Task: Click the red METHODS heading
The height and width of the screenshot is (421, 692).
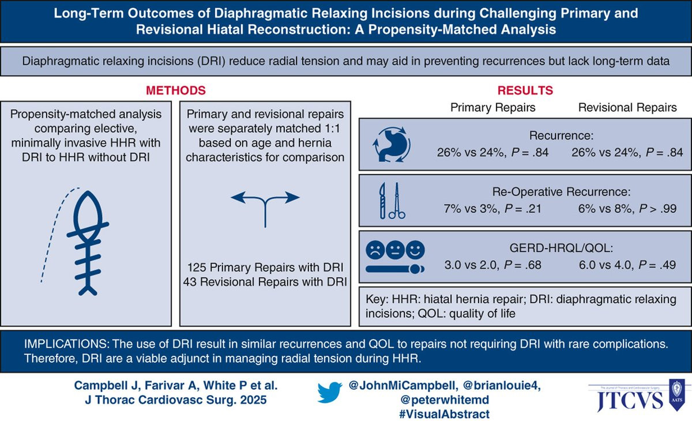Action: click(176, 91)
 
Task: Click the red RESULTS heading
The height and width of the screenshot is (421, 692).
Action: click(525, 91)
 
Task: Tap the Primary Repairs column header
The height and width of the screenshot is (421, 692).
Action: click(492, 107)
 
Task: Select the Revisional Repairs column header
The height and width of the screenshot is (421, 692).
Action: click(627, 107)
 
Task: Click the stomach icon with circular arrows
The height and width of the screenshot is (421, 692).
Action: click(392, 144)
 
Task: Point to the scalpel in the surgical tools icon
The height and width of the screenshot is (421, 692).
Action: click(382, 201)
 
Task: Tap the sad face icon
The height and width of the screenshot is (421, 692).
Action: click(375, 250)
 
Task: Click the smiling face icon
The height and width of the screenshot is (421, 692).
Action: click(415, 250)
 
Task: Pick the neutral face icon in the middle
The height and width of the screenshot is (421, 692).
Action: click(395, 250)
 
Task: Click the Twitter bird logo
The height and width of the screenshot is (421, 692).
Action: click(329, 392)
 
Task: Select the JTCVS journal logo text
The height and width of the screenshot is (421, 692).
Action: click(630, 400)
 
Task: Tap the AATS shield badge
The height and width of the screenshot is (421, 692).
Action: click(676, 395)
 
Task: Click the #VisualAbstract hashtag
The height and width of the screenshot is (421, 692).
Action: click(444, 414)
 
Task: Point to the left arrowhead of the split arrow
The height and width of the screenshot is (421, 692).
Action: click(238, 197)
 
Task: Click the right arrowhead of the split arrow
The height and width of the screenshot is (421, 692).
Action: click(292, 197)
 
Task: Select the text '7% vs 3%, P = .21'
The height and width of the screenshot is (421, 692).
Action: click(492, 209)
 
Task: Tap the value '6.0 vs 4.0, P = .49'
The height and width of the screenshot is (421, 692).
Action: click(627, 265)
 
